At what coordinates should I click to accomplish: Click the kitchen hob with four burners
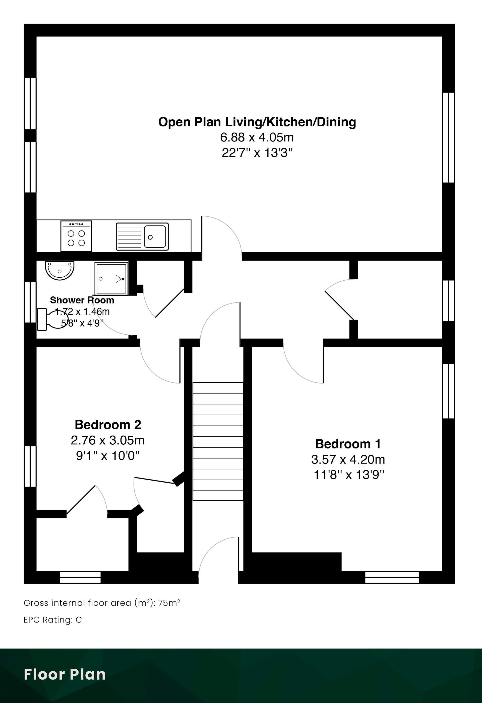pyautogui.click(x=76, y=236)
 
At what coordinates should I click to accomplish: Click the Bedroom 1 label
pyautogui.click(x=348, y=444)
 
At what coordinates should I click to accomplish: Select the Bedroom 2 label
pyautogui.click(x=108, y=424)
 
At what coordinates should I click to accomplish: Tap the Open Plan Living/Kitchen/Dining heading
pyautogui.click(x=257, y=122)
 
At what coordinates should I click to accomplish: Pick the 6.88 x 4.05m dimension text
pyautogui.click(x=257, y=137)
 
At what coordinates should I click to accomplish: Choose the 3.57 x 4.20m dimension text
pyautogui.click(x=348, y=459)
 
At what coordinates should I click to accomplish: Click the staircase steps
pyautogui.click(x=218, y=441)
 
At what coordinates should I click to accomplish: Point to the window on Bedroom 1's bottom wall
pyautogui.click(x=392, y=577)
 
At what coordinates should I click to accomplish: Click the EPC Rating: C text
pyautogui.click(x=53, y=620)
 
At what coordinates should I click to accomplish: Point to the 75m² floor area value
pyautogui.click(x=169, y=603)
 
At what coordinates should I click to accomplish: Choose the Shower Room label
pyautogui.click(x=82, y=300)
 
